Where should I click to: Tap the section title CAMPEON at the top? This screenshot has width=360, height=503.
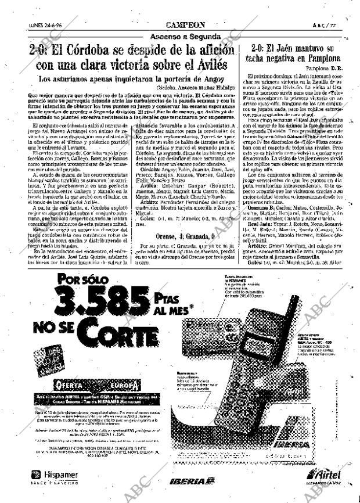[185, 25]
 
